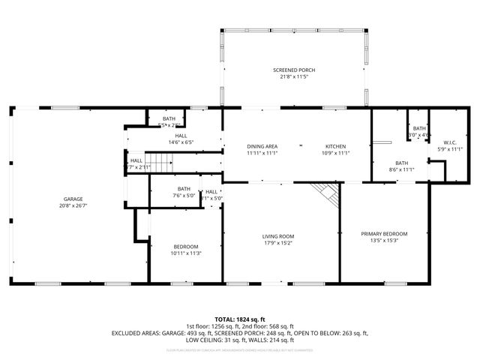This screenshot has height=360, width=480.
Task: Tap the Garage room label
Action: (73, 199)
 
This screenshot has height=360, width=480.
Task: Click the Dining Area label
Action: (262, 146)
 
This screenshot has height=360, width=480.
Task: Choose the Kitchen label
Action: (334, 146)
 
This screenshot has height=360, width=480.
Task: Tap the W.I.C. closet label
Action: (450, 142)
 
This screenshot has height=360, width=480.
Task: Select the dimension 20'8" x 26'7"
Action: (73, 205)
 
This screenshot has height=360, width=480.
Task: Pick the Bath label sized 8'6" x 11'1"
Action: (402, 163)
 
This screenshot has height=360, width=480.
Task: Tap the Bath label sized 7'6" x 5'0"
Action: (184, 189)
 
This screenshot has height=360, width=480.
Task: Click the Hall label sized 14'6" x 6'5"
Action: (181, 136)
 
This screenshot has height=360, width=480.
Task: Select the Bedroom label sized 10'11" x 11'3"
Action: (185, 247)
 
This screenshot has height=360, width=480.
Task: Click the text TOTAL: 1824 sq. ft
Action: (240, 319)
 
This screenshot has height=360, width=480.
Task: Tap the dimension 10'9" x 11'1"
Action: (334, 152)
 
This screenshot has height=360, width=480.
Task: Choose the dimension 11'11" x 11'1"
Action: (262, 152)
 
